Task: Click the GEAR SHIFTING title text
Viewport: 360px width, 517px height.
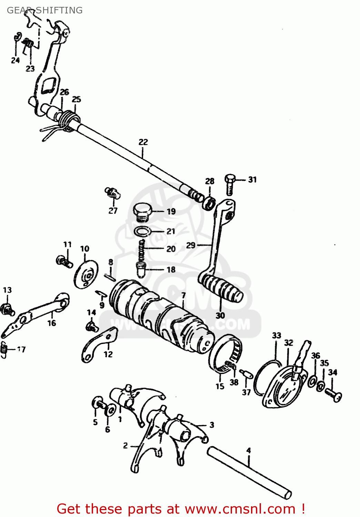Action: click(x=44, y=10)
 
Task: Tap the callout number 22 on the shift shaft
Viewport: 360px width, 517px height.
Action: click(x=143, y=142)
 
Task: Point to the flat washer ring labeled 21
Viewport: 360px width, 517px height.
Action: click(x=142, y=231)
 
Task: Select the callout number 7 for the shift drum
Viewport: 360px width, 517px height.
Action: click(x=183, y=295)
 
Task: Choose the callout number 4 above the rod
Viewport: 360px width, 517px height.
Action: click(x=249, y=450)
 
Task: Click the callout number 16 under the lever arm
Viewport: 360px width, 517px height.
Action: click(x=52, y=323)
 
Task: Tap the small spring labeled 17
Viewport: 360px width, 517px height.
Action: click(x=4, y=349)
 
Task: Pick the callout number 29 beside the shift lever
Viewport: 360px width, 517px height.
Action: click(x=191, y=245)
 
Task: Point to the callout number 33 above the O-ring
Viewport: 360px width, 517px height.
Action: click(x=277, y=335)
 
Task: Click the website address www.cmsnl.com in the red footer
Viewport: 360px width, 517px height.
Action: click(x=240, y=509)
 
